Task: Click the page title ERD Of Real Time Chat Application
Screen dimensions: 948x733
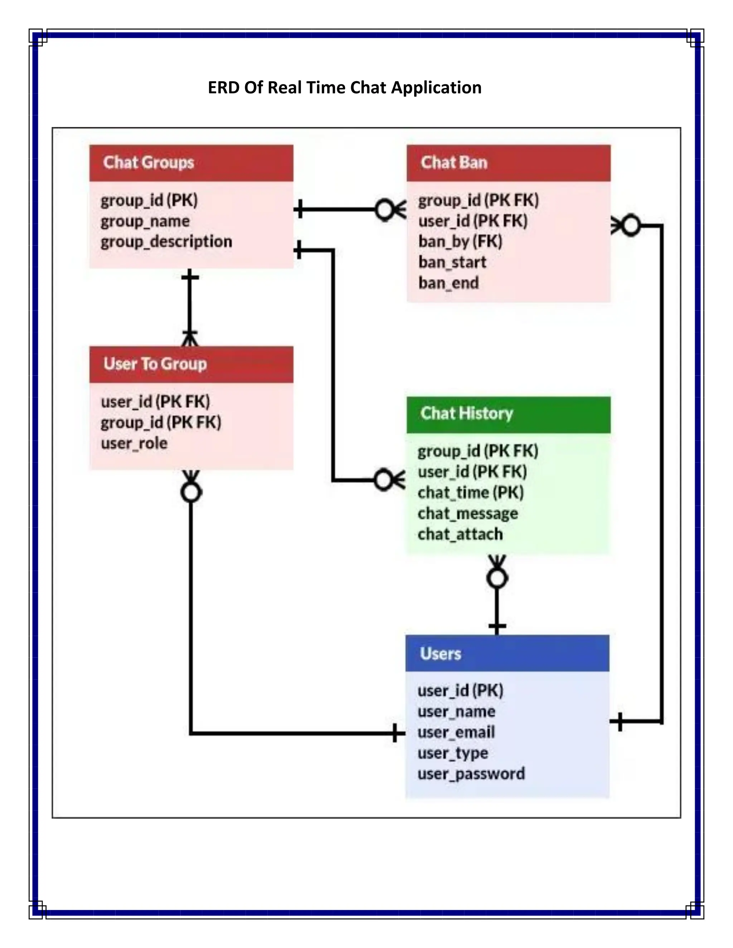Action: click(344, 88)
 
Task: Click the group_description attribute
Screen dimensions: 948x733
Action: click(166, 242)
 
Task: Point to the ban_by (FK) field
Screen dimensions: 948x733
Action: click(460, 241)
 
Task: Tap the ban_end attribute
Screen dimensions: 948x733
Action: click(448, 283)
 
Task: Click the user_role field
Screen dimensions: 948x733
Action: click(134, 443)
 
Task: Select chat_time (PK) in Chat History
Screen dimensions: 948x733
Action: click(470, 493)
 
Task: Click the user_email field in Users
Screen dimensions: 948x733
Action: click(456, 733)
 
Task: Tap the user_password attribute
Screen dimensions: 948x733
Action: click(471, 774)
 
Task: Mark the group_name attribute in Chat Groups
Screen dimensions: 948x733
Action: click(145, 221)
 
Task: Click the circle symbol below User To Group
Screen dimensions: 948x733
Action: click(191, 493)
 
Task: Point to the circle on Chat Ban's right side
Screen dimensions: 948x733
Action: click(631, 226)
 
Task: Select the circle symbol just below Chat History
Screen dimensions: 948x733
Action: click(497, 578)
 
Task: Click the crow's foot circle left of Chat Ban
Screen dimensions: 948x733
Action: click(384, 210)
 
